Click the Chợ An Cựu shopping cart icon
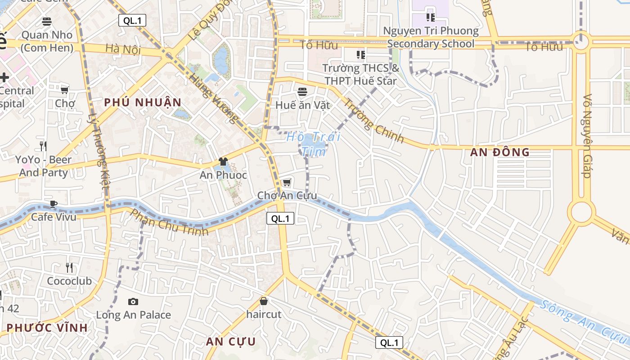coord(287,182)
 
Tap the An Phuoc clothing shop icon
coord(223,162)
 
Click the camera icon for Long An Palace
coord(133,301)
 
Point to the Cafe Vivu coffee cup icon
coord(54,204)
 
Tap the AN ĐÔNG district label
coord(500,152)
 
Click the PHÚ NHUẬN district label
coord(143,103)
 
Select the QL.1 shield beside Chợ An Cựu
coord(280,219)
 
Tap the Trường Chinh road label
coord(374,120)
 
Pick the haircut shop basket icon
coord(264,301)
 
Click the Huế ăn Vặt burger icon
coord(302,92)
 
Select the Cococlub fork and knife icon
coord(69,268)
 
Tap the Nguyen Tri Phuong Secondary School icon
coord(430,18)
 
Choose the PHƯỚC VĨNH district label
coord(47,328)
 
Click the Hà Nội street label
coord(123,49)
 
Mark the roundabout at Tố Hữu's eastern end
coord(581,42)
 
